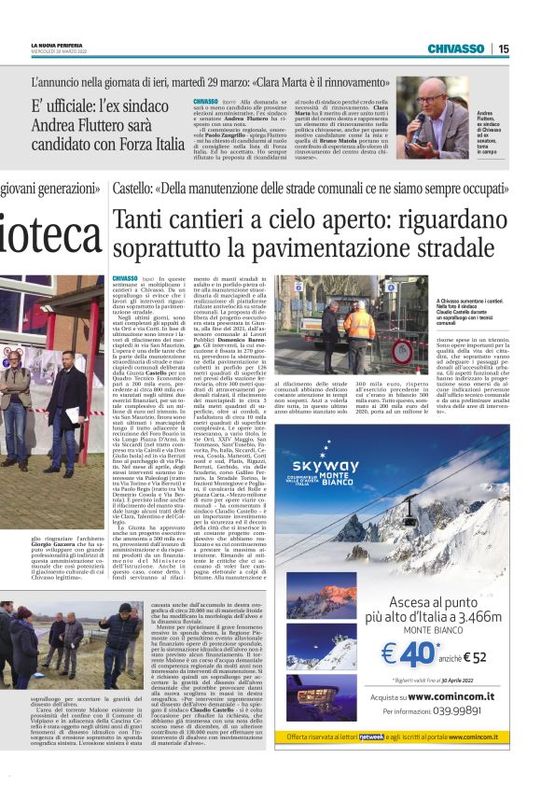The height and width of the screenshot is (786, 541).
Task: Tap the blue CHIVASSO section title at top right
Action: pyautogui.click(x=456, y=49)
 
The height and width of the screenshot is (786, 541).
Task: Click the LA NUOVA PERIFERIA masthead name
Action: pyautogui.click(x=58, y=45)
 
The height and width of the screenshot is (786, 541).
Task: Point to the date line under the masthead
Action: pyautogui.click(x=58, y=51)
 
